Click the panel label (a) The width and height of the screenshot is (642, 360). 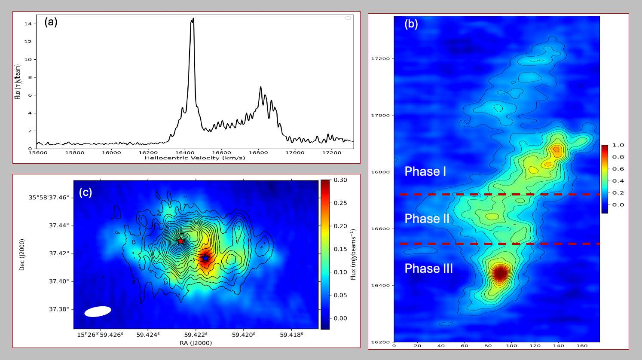[x=51, y=22]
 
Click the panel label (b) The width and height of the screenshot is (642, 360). [x=411, y=24]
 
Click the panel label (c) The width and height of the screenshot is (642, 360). [x=85, y=192]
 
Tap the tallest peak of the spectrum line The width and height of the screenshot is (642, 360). [x=193, y=18]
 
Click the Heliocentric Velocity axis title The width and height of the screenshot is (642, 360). [x=195, y=158]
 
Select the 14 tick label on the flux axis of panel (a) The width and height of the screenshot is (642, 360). [x=28, y=24]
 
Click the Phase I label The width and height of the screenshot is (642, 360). [x=425, y=171]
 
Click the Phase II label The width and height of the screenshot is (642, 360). [x=427, y=219]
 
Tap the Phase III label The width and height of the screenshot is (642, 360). [x=428, y=268]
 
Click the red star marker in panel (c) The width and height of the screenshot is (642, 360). [x=180, y=241]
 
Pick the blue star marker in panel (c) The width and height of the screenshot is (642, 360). [x=205, y=258]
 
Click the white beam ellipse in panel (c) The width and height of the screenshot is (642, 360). [x=98, y=311]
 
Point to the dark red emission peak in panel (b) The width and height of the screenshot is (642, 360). [x=499, y=273]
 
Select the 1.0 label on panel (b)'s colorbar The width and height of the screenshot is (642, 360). [x=618, y=145]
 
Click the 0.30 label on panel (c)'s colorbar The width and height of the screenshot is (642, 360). [x=340, y=180]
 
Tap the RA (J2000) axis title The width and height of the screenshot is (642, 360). [x=196, y=343]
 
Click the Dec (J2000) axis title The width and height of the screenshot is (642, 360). [x=21, y=254]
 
